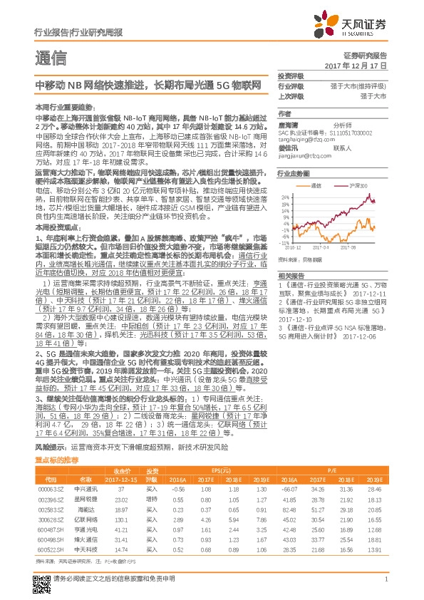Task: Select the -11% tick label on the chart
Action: pyautogui.click(x=284, y=243)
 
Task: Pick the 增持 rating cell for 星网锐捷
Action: pyautogui.click(x=152, y=500)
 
